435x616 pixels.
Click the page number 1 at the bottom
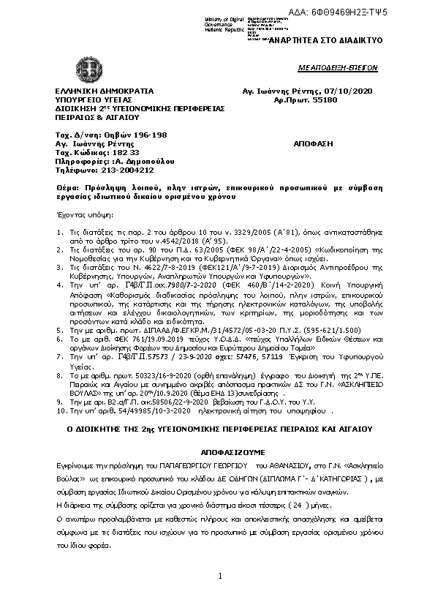[219, 577]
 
